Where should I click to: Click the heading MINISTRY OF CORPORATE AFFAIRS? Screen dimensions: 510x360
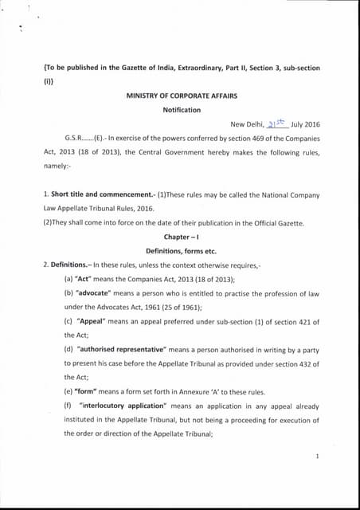[182, 96]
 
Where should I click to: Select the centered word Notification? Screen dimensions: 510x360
[182, 110]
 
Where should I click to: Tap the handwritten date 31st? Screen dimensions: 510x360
[277, 123]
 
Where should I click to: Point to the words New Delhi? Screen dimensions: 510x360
[247, 124]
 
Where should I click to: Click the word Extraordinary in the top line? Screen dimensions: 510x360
[181, 69]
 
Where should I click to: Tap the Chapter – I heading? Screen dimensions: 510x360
[182, 237]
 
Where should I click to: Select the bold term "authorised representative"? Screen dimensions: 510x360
[121, 350]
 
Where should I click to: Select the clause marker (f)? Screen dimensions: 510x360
[68, 406]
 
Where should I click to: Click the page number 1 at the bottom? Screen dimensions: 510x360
[317, 457]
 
